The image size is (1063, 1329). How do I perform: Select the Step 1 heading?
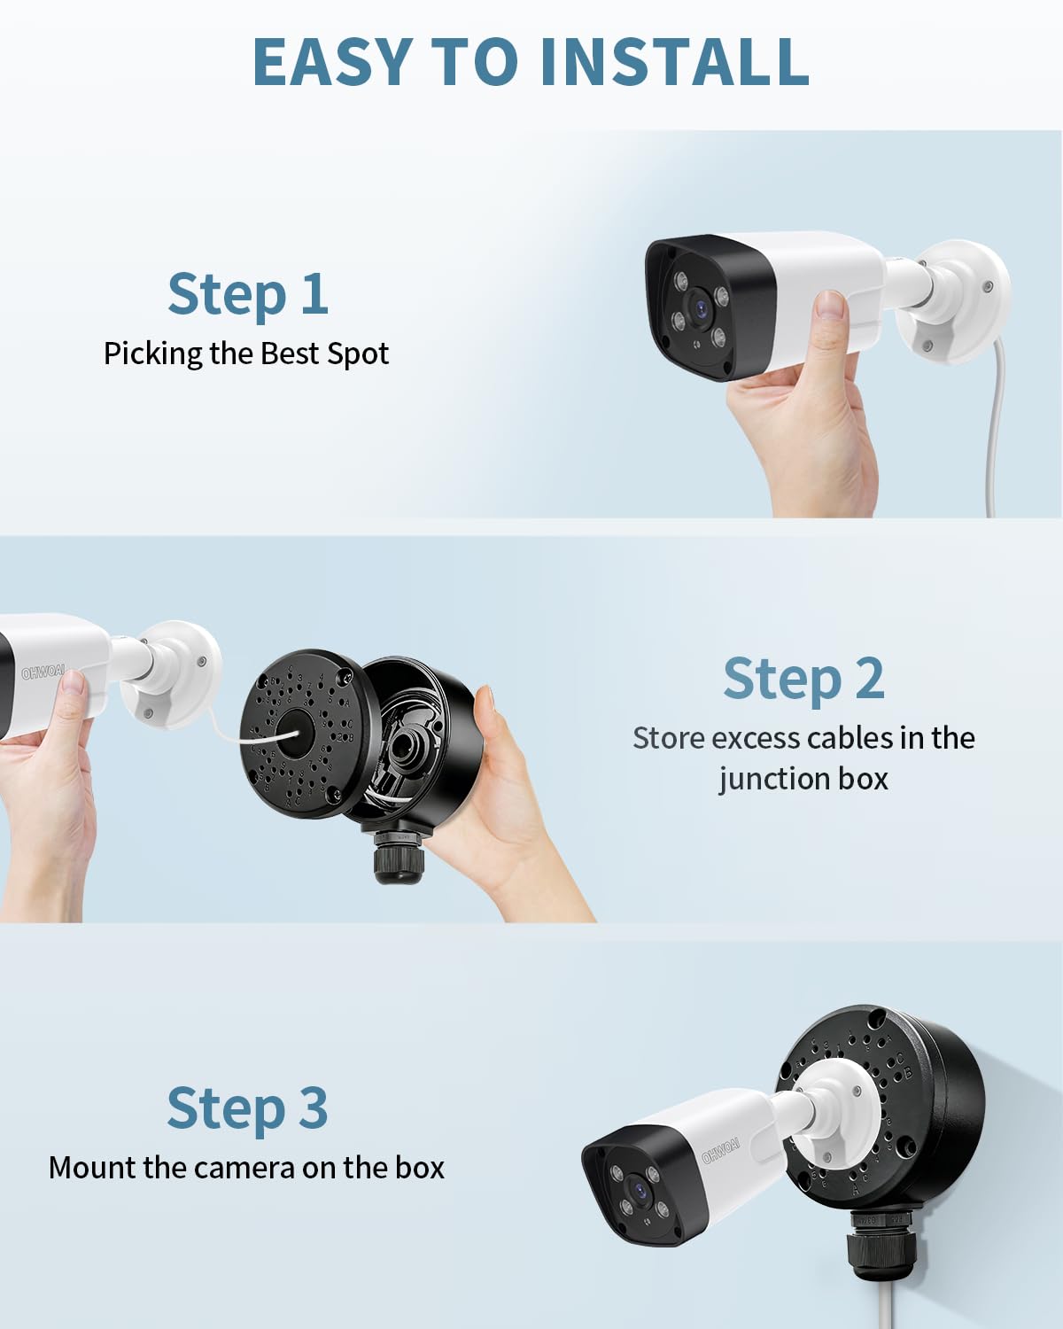pos(248,294)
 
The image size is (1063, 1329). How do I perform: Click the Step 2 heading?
pos(803,679)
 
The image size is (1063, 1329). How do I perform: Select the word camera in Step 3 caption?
pos(237,1168)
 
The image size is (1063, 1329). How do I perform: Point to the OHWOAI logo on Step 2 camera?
pos(43,672)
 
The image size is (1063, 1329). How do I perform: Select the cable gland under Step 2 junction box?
pos(399,855)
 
